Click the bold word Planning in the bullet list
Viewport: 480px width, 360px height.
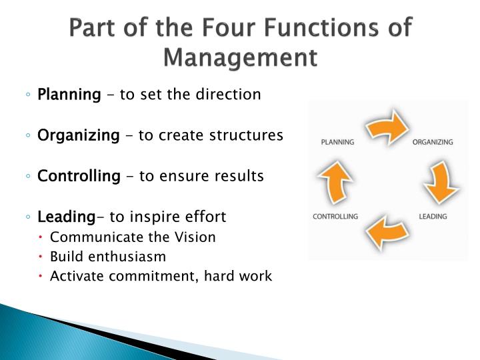(69, 95)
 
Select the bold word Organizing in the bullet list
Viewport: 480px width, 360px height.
(78, 135)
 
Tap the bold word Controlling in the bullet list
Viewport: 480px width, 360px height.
(79, 176)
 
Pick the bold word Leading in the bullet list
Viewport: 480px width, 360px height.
(67, 217)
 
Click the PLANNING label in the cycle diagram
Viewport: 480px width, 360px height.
(337, 142)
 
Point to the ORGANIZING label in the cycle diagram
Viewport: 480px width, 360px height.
(433, 142)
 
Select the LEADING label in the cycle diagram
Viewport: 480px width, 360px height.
(433, 216)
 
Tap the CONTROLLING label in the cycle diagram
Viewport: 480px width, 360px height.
(335, 216)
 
